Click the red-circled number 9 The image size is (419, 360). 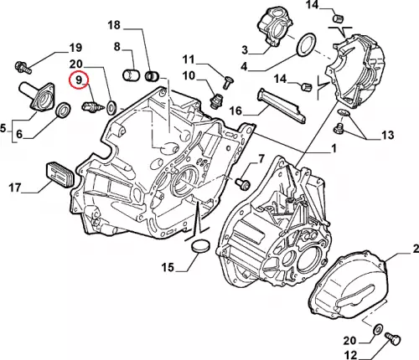[x=79, y=80]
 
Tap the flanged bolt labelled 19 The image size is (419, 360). [x=22, y=67]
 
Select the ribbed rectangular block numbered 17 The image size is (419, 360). [x=59, y=175]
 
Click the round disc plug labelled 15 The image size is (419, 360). [x=200, y=245]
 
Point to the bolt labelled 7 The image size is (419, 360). [x=242, y=183]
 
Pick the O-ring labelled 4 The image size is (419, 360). [x=306, y=44]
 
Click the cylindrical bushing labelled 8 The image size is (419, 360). [x=131, y=75]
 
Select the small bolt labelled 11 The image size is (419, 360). [x=229, y=83]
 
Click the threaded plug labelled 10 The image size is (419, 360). [x=216, y=101]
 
